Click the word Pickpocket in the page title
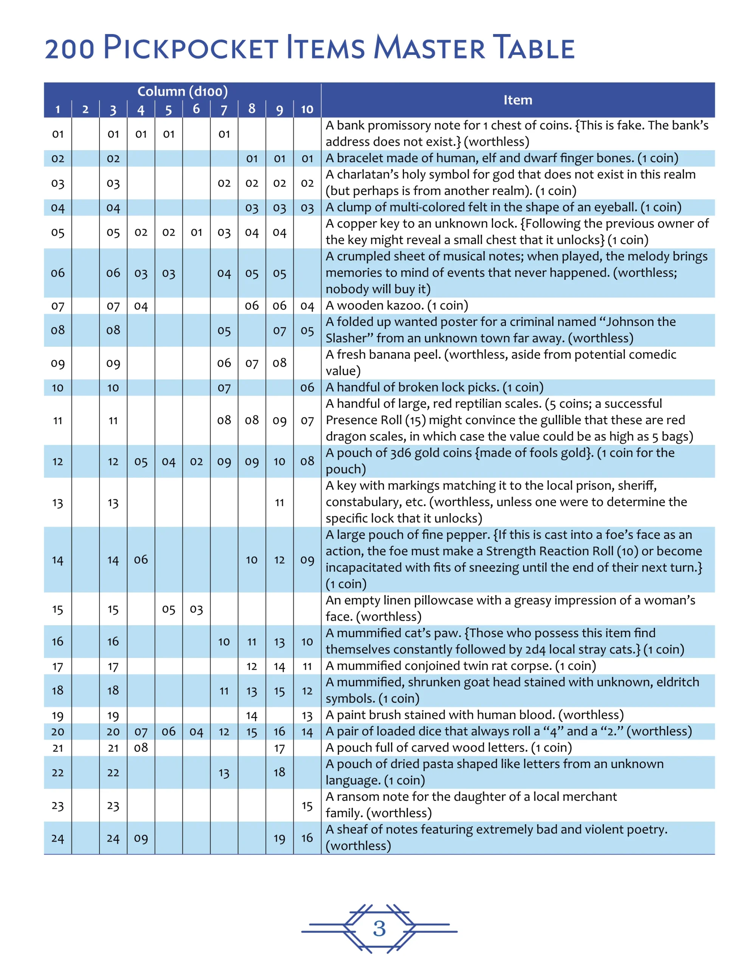[191, 48]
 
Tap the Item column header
[517, 100]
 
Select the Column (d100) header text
[182, 91]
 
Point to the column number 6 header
[196, 109]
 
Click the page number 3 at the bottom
[379, 928]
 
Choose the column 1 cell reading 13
[57, 503]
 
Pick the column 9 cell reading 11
[279, 503]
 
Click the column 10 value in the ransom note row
[307, 806]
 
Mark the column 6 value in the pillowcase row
[196, 610]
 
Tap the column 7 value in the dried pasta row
[224, 773]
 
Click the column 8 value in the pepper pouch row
[251, 560]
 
